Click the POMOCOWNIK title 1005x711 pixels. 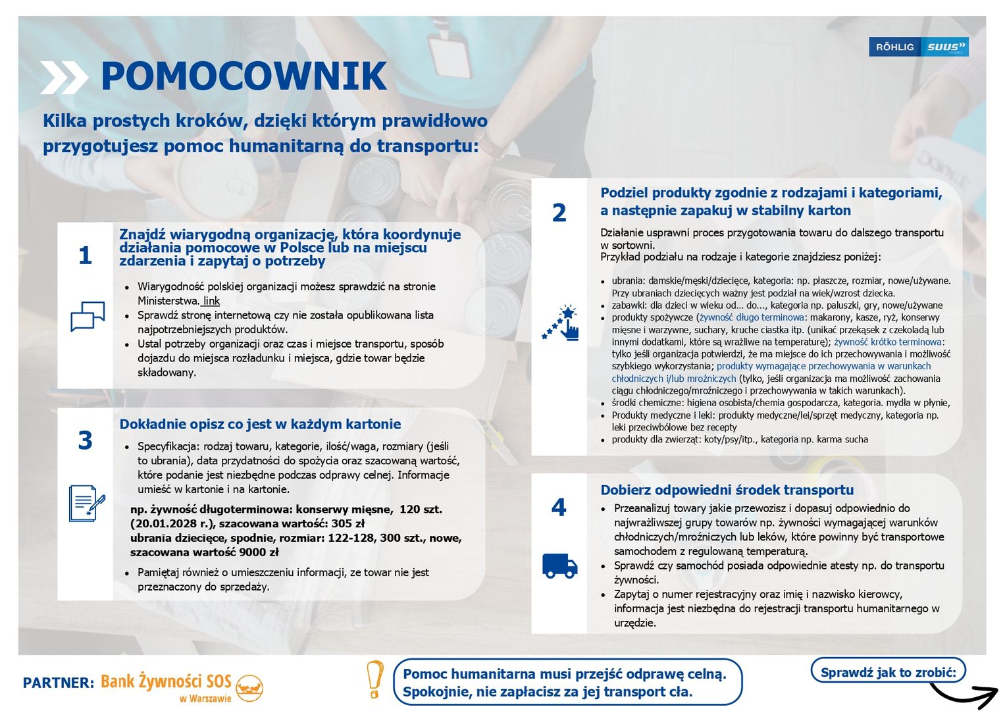(244, 76)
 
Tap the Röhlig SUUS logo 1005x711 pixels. (918, 47)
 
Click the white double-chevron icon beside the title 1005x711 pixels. (63, 77)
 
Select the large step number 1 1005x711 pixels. (85, 255)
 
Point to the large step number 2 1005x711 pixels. (559, 213)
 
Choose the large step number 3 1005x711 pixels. (85, 440)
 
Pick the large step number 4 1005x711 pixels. (558, 508)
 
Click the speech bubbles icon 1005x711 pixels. (88, 316)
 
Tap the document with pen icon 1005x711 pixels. (87, 503)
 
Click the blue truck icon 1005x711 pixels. (559, 566)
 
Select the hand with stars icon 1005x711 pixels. (561, 323)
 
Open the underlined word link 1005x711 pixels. (211, 301)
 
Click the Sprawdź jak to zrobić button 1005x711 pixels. (887, 672)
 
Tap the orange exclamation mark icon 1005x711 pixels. (374, 679)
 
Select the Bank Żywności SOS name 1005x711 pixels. (166, 681)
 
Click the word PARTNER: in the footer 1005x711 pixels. (59, 683)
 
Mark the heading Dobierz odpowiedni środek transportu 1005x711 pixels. (727, 490)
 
